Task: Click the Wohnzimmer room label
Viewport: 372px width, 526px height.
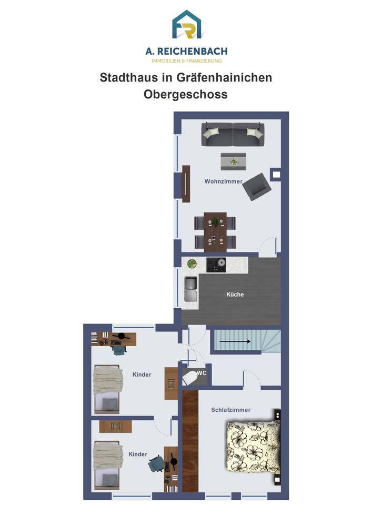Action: (224, 181)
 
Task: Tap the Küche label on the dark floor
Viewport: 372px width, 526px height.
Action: (235, 294)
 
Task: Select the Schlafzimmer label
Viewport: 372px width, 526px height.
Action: (231, 410)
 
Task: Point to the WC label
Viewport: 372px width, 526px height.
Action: (202, 373)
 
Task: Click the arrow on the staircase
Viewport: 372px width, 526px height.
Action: (235, 341)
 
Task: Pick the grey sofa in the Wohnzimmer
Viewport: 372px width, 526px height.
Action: (233, 134)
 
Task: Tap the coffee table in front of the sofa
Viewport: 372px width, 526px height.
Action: (233, 161)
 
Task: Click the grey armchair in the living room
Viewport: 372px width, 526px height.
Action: (257, 187)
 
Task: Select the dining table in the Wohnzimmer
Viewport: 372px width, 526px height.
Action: (215, 232)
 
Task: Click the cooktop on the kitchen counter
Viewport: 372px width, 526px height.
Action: (216, 265)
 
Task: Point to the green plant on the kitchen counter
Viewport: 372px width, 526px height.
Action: (192, 264)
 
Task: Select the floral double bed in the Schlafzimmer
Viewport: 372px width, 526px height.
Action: (254, 447)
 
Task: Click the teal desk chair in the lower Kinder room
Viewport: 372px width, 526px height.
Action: (156, 464)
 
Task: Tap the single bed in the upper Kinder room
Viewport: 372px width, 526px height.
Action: (107, 389)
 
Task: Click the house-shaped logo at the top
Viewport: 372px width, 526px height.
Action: (186, 25)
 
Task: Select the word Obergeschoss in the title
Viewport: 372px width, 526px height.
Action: (186, 94)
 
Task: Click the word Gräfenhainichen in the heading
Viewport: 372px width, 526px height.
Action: (224, 77)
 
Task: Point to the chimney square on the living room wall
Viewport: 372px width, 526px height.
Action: (276, 174)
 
